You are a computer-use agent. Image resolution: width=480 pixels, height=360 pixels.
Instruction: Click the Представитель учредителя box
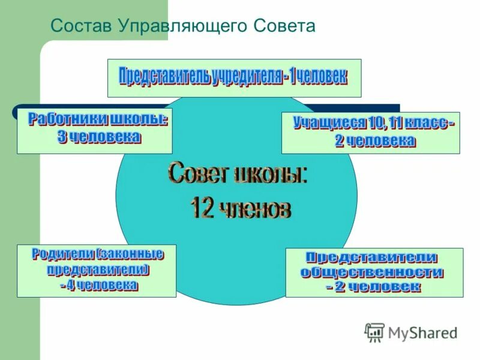[x=234, y=77]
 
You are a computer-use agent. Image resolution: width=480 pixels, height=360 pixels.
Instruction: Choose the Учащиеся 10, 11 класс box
[x=370, y=132]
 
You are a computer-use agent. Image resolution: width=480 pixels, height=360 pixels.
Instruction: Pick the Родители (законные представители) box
[x=97, y=271]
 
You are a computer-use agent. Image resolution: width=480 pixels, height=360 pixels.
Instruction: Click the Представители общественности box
[x=374, y=272]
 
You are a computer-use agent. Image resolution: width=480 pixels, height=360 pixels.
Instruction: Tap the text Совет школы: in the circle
[x=238, y=175]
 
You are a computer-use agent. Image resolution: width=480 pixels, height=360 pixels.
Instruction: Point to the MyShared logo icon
[x=374, y=332]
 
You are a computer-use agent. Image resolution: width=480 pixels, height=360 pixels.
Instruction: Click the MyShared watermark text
[x=422, y=332]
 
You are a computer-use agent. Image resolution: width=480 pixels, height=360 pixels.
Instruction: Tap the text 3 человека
[x=99, y=137]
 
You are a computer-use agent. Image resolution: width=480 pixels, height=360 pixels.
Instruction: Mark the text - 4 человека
[x=98, y=286]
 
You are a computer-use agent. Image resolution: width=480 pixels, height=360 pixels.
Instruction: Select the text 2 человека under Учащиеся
[x=374, y=141]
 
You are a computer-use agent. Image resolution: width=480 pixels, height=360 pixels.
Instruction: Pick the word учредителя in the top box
[x=247, y=77]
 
